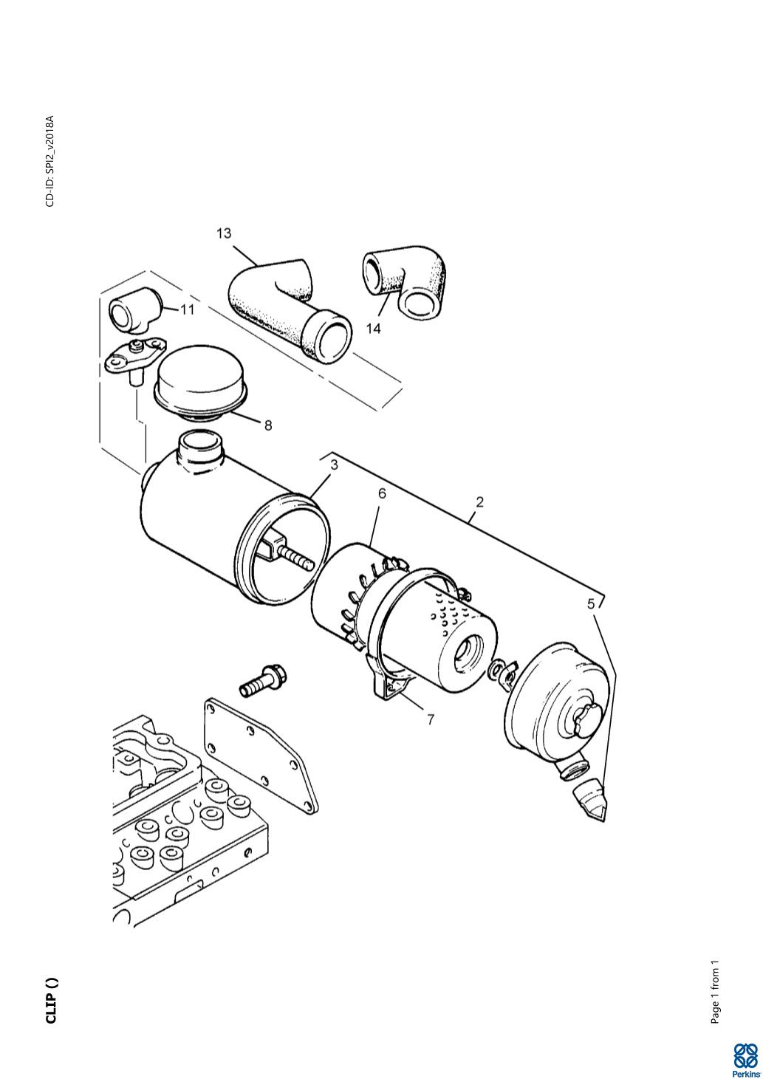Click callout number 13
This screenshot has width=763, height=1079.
(224, 233)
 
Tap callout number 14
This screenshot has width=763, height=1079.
(374, 328)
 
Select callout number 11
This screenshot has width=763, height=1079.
(188, 309)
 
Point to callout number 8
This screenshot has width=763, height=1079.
(268, 425)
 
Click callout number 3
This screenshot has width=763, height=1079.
(334, 465)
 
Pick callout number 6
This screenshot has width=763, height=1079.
(382, 494)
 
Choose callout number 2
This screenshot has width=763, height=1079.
(479, 502)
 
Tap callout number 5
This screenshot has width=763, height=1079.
(591, 603)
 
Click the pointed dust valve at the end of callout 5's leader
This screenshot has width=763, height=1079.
(590, 802)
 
